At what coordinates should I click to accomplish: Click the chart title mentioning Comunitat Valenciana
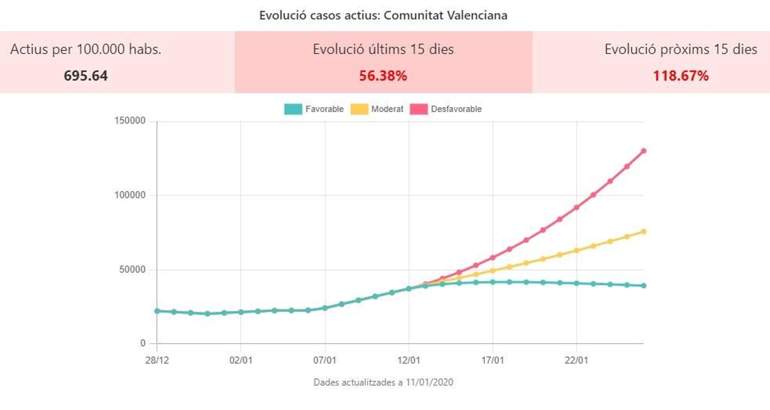click(383, 15)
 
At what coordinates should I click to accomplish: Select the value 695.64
click(86, 76)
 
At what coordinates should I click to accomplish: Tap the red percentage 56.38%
click(383, 76)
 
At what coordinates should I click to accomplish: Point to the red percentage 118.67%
click(680, 76)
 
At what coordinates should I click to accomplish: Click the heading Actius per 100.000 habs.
click(86, 49)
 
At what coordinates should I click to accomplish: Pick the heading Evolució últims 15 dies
click(383, 49)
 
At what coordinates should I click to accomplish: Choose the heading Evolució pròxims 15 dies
click(680, 49)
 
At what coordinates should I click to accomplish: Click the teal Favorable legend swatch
click(293, 109)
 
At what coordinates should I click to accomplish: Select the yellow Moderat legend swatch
click(359, 109)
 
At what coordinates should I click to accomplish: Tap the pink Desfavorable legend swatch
click(419, 109)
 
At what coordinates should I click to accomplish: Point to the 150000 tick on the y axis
click(130, 121)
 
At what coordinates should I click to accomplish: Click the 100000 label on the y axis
click(130, 195)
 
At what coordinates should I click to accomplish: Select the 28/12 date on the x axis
click(157, 360)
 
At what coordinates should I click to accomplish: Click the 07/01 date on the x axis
click(325, 360)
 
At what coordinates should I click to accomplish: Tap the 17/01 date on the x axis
click(493, 360)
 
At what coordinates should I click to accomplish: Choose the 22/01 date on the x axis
click(577, 360)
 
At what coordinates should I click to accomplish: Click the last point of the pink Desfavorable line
click(643, 151)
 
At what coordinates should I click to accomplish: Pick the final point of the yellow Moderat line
click(643, 232)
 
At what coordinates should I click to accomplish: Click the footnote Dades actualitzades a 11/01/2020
click(383, 383)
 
